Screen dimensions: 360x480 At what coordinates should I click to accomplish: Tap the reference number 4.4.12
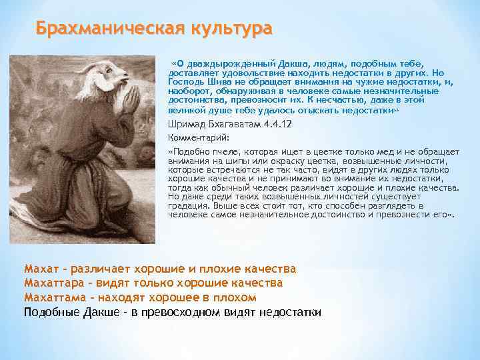point(278,124)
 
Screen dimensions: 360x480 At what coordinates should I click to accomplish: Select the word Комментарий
point(198,137)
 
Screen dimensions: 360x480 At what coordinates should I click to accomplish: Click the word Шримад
point(189,124)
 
